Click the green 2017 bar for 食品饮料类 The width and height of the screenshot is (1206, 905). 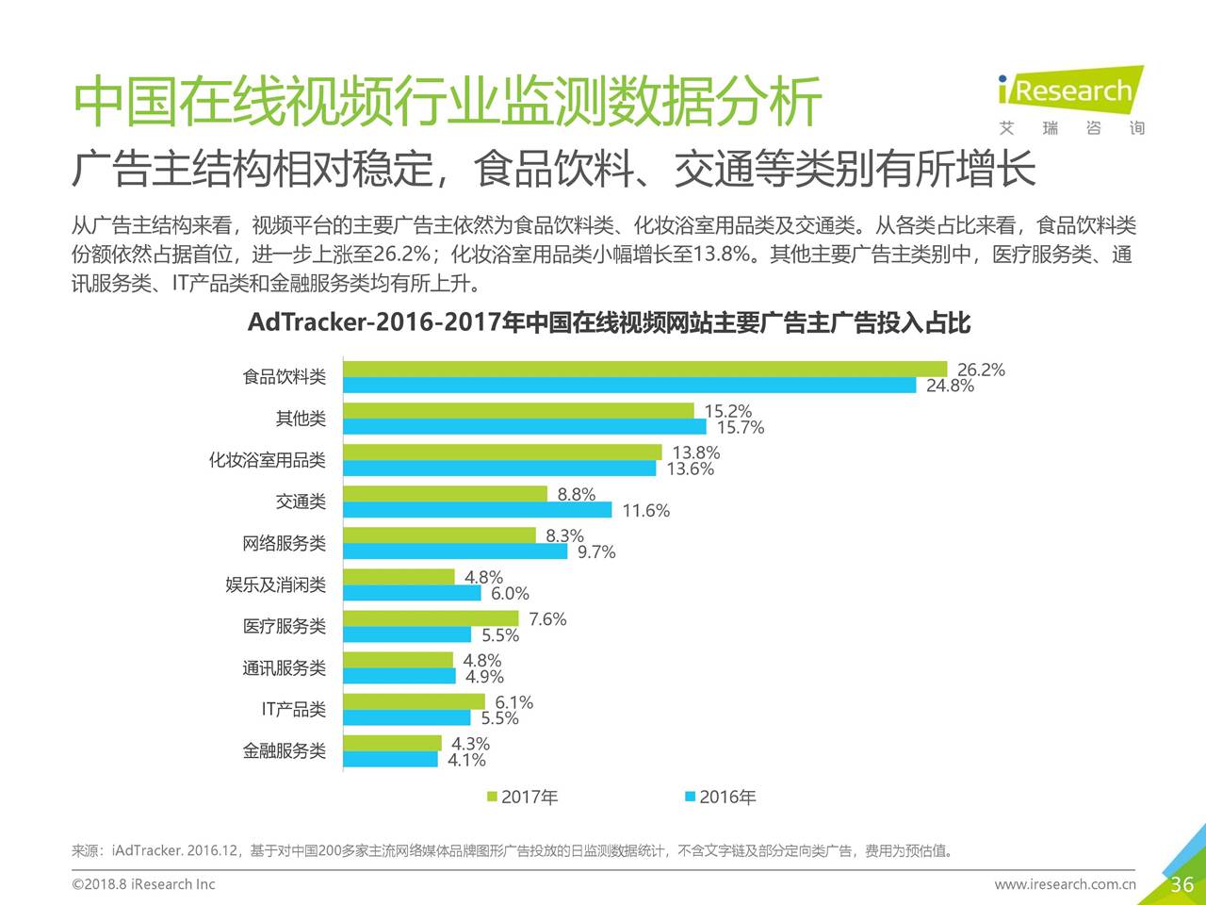point(644,369)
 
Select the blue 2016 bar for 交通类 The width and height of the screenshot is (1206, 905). point(477,510)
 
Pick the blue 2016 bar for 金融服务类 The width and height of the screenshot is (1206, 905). point(390,759)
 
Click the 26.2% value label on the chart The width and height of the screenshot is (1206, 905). point(981,370)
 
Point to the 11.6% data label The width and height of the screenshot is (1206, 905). point(645,511)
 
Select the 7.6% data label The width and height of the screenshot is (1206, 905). point(547,619)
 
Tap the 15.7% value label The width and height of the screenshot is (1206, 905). point(740,428)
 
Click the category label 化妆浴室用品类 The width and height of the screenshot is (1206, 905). point(267,460)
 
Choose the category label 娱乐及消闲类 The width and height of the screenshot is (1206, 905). point(275,585)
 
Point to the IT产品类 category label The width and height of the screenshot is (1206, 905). point(293,710)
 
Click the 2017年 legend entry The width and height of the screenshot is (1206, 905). point(522,798)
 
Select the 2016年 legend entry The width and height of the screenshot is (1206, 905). point(720,798)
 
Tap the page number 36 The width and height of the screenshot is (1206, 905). point(1182,884)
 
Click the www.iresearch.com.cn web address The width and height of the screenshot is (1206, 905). point(1065,884)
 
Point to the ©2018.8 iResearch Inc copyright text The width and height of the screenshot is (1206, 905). point(143,884)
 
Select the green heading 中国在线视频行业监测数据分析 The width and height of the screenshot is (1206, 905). point(448,102)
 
